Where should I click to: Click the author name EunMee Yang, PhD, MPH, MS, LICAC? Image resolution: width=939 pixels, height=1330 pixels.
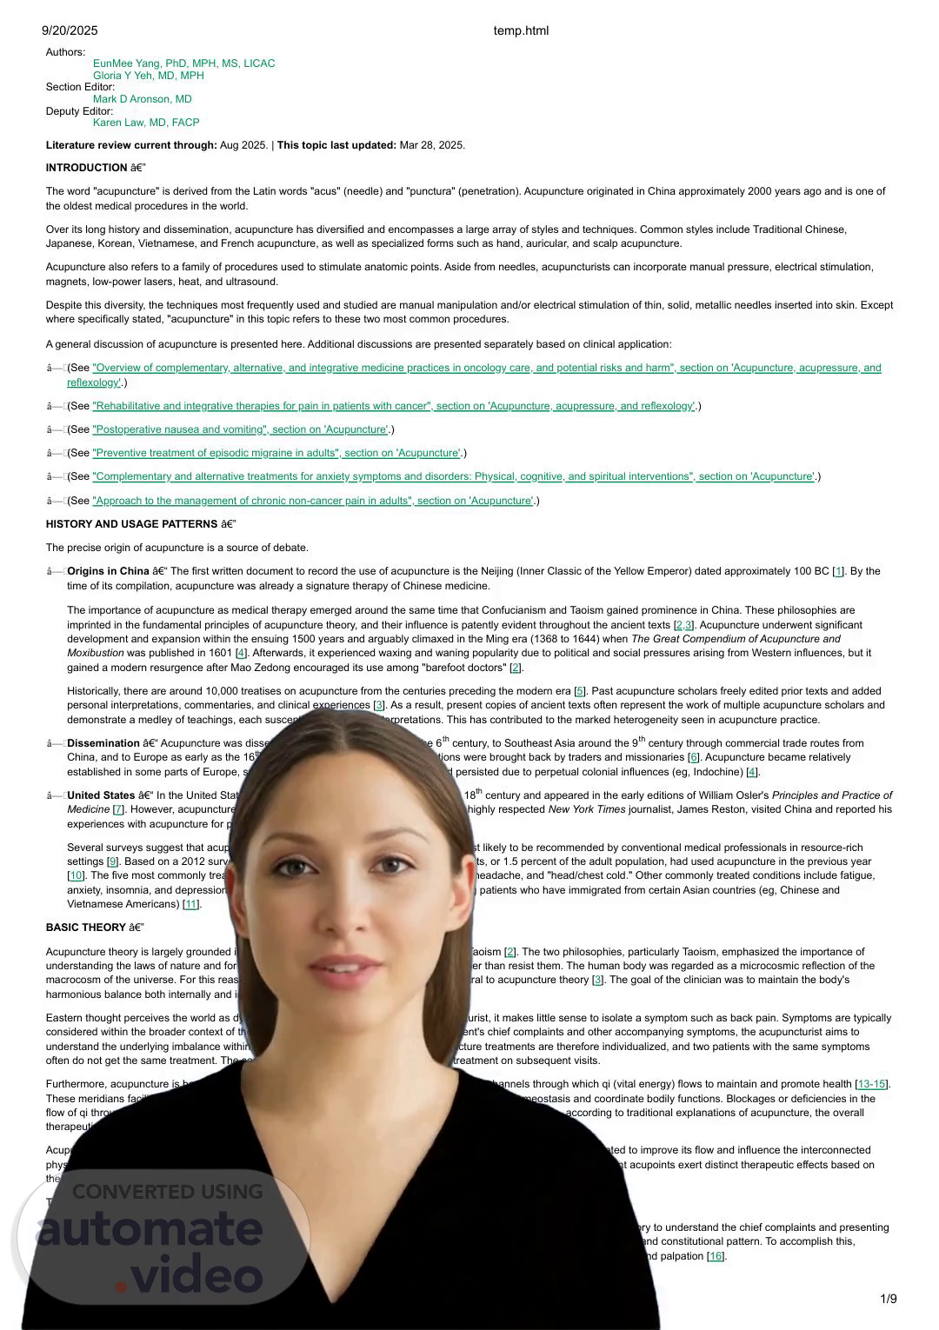point(183,63)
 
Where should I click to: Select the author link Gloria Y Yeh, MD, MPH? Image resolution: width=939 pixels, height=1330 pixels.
point(148,76)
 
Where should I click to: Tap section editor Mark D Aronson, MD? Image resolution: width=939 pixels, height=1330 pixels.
point(142,99)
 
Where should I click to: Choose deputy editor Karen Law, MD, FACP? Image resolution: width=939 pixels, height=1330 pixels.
point(146,123)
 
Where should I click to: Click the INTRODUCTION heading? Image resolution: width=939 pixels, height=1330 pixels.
point(87,168)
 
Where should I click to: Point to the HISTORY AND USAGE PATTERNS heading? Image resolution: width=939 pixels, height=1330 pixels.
point(132,524)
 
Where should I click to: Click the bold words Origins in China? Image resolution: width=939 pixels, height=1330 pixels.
point(108,571)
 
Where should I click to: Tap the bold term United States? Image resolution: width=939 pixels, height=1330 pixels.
point(101,795)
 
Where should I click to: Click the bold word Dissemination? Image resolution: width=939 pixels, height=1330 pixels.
point(103,743)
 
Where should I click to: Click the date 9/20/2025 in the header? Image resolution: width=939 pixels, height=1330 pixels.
point(70,30)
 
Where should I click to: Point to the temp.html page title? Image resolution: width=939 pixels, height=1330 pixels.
point(521,30)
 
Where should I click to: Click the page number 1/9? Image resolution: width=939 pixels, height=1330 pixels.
point(888,1299)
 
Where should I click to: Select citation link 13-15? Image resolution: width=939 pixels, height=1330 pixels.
point(871,1084)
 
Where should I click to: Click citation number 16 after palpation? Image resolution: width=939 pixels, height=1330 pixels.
point(716,1256)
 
